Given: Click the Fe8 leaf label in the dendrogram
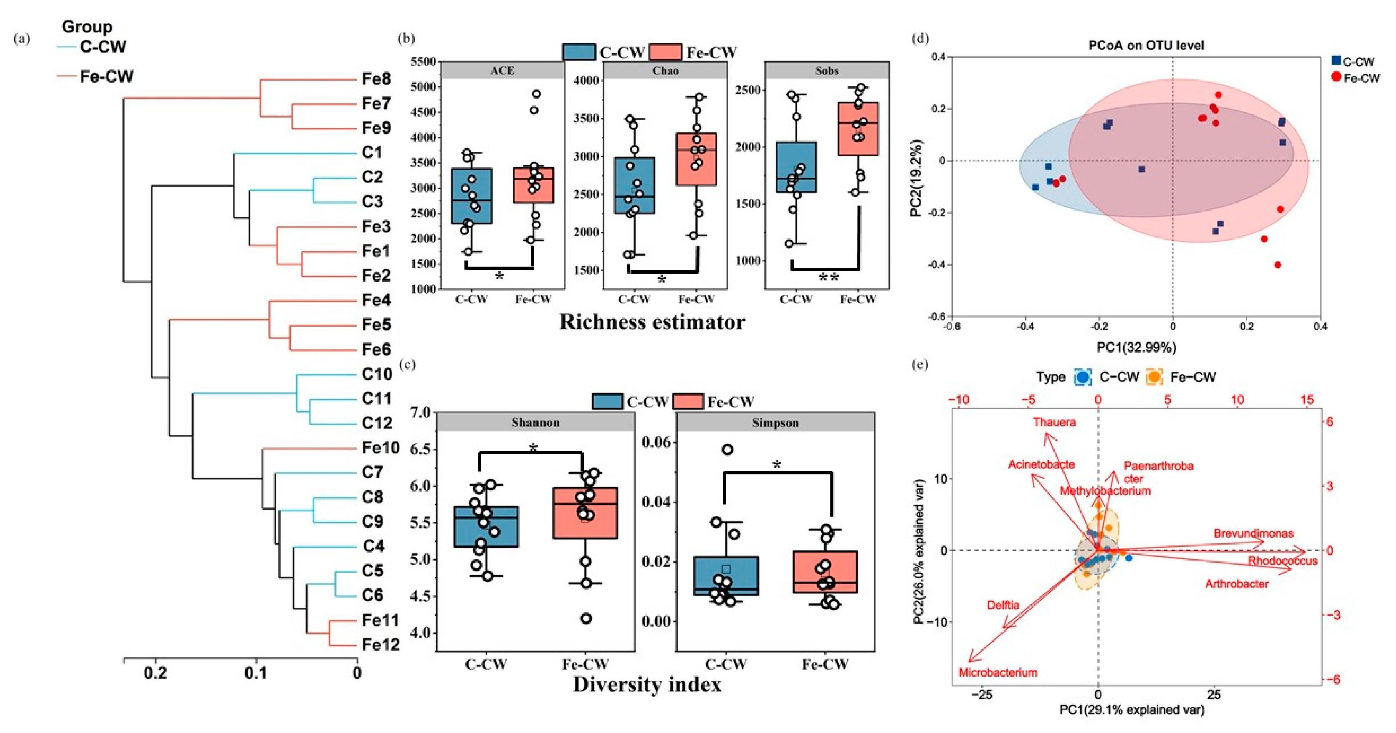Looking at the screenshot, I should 376,79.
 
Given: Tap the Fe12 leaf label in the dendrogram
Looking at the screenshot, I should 380,644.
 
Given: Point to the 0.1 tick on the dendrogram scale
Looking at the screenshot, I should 256,673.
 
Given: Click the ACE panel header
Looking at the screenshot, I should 502,71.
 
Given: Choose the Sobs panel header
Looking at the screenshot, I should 827,71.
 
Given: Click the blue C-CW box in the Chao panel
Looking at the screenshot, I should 634,185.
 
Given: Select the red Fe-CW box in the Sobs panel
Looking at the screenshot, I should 858,129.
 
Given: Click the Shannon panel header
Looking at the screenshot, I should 536,422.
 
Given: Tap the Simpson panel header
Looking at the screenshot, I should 775,422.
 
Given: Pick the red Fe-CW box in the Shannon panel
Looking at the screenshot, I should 585,513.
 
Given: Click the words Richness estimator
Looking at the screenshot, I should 652,322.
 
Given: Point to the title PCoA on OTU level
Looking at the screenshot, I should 1146,46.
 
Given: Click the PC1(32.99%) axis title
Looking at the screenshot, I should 1136,347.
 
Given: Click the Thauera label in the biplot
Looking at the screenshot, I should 1054,422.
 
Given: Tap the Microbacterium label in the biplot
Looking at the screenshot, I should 998,673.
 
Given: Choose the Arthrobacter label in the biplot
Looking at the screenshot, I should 1237,584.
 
